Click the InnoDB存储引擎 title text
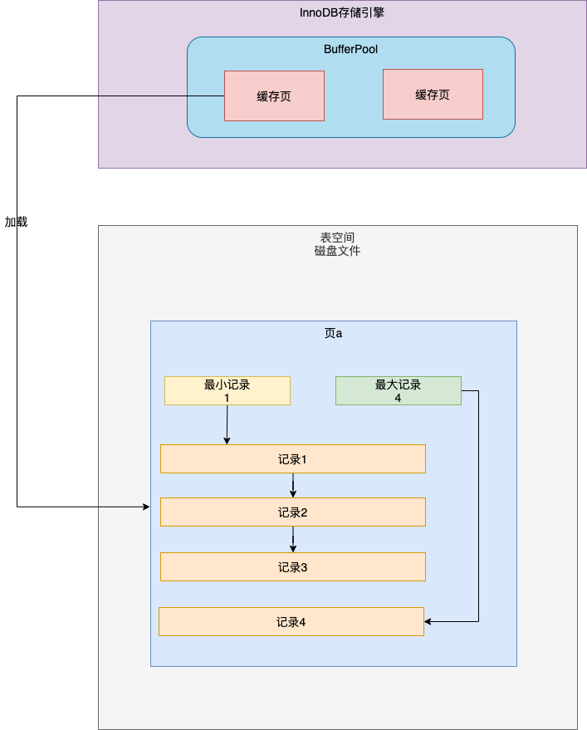tap(341, 12)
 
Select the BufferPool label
tap(350, 49)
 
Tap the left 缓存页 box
tap(274, 96)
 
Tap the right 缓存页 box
tap(433, 94)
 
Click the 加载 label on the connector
tap(16, 223)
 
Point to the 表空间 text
tap(337, 237)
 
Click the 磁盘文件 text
tap(337, 250)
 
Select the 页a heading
tap(333, 333)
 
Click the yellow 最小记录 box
tap(227, 390)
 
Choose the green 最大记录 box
tap(398, 390)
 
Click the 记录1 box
tap(292, 458)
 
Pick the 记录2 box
tap(292, 512)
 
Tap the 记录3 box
tap(292, 567)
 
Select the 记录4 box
tap(291, 622)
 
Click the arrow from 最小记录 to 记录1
tap(227, 424)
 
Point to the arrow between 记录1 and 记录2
tap(293, 485)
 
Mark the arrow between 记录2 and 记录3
tap(293, 539)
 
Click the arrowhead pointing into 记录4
tap(428, 621)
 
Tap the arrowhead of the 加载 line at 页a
tap(145, 506)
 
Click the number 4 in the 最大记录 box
tap(398, 398)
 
